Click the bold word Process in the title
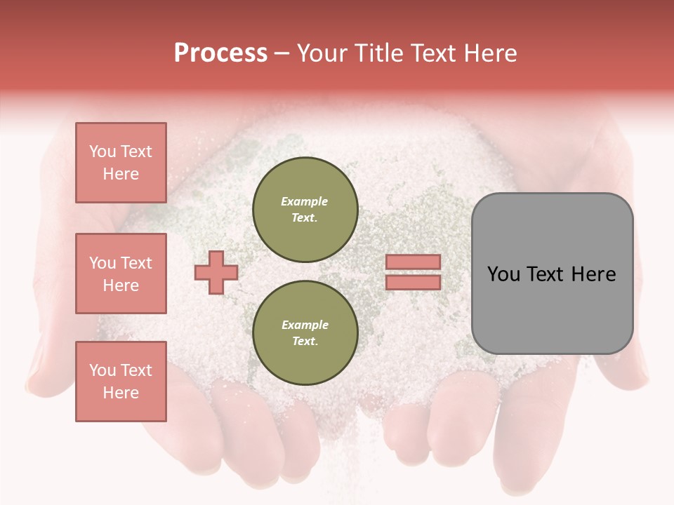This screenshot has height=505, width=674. [220, 53]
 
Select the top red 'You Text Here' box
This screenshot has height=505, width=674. [121, 163]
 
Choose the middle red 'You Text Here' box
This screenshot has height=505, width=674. [121, 274]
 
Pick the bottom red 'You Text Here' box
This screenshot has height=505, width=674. [121, 382]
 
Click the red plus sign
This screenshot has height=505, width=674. [216, 272]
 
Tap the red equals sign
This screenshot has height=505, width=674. [413, 272]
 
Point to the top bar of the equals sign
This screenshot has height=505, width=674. [413, 262]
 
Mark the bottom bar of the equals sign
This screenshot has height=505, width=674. [413, 283]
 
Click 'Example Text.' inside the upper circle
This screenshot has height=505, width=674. [305, 209]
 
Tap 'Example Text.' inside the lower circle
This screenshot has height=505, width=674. [305, 333]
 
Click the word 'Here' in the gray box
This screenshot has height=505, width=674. [594, 274]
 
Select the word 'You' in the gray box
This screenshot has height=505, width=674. [503, 274]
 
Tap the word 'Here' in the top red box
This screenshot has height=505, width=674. [121, 174]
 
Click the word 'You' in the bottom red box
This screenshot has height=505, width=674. [103, 370]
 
